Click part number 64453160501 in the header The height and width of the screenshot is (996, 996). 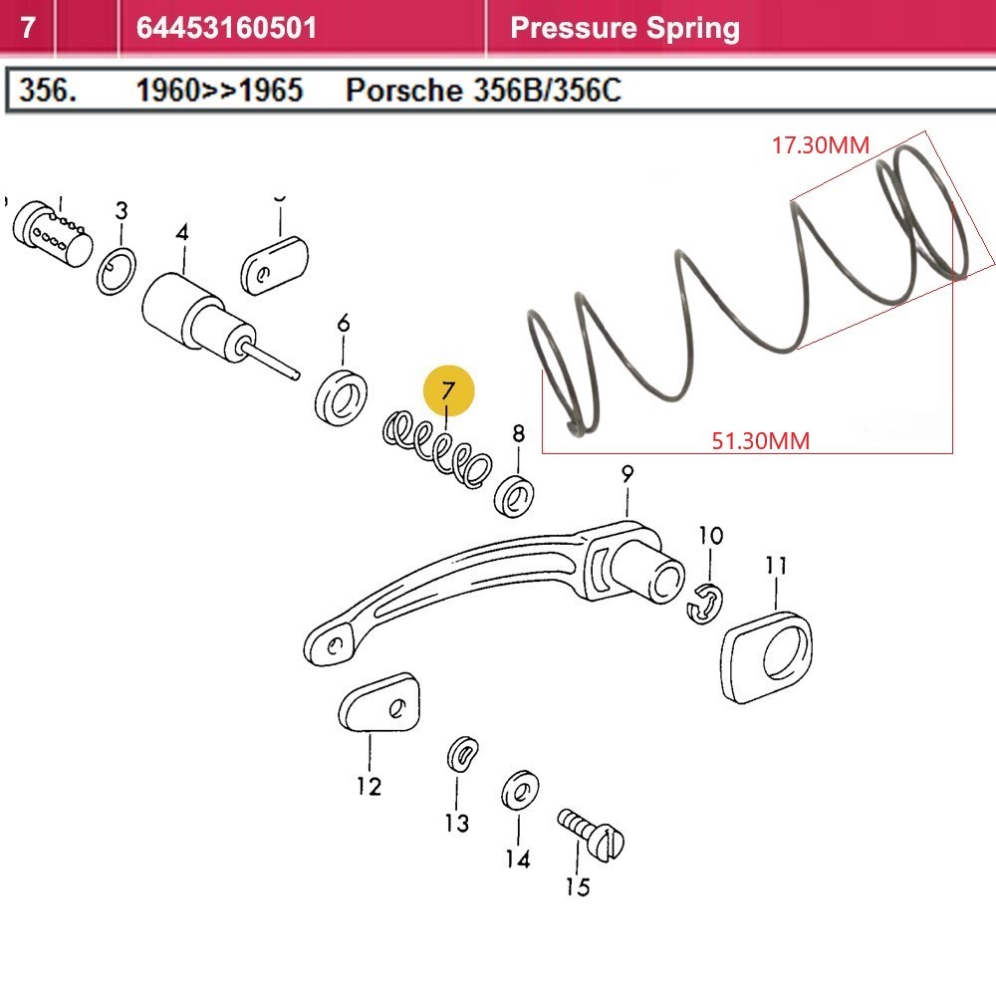tap(226, 27)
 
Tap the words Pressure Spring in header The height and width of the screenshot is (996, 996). tap(624, 27)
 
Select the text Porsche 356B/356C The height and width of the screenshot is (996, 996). tap(483, 91)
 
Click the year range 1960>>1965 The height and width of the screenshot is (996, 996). tap(219, 91)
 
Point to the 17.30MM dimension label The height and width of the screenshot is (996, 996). tap(821, 145)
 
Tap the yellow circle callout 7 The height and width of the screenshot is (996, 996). tap(448, 390)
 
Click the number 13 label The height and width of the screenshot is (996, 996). tap(456, 823)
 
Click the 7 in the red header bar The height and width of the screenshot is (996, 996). tap(28, 27)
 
